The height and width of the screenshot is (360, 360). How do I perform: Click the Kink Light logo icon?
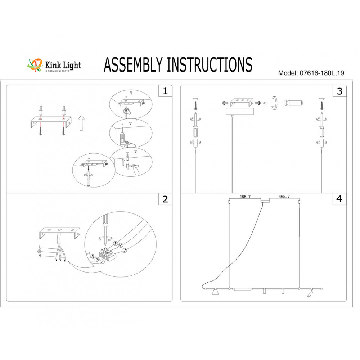(x=35, y=65)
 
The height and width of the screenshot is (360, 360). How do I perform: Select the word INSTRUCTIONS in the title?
(x=210, y=64)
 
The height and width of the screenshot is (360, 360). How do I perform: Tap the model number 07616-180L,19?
(x=322, y=73)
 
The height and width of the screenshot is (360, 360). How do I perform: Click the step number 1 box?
(x=165, y=91)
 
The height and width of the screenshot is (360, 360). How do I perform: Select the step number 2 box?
(x=165, y=199)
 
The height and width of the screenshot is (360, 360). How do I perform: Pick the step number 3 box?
(x=339, y=91)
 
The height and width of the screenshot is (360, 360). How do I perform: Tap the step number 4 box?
(x=339, y=199)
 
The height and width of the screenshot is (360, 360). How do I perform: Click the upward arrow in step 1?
(x=81, y=123)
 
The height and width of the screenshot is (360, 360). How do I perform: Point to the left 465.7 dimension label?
(x=245, y=197)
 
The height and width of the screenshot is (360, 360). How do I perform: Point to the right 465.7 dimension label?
(x=284, y=197)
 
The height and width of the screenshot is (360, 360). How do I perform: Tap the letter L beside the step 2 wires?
(x=40, y=247)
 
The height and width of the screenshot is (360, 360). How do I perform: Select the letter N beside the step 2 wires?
(x=40, y=256)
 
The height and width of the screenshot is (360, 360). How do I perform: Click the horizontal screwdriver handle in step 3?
(x=293, y=103)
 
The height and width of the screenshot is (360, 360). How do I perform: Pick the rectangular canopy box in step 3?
(x=240, y=112)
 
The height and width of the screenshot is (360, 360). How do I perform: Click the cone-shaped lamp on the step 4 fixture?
(x=215, y=292)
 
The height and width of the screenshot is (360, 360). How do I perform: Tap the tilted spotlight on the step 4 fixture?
(x=310, y=293)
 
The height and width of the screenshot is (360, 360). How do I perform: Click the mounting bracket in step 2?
(x=60, y=233)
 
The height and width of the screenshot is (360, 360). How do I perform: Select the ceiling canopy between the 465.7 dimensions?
(x=265, y=201)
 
